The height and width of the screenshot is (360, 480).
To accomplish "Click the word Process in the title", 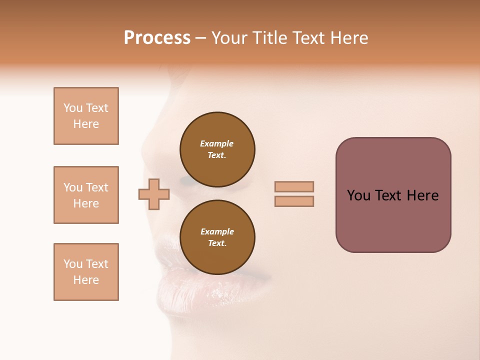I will tap(157, 38).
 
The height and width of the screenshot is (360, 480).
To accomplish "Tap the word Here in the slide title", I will tap(348, 38).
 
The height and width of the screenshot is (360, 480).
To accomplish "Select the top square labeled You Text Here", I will tap(86, 116).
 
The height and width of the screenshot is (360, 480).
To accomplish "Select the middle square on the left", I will tap(86, 195).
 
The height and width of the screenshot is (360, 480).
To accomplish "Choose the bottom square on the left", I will tap(86, 272).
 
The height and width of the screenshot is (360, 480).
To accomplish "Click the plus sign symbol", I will tap(154, 194).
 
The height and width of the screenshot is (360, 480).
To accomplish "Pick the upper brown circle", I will tap(217, 149).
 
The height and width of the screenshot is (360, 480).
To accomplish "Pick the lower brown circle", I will tap(217, 237).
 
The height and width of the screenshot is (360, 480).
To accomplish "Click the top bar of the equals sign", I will tap(294, 186).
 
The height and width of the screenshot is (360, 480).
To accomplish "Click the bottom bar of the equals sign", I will tap(294, 201).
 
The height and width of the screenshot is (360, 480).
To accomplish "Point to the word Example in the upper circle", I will tap(217, 143).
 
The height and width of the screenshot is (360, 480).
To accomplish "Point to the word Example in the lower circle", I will tap(217, 231).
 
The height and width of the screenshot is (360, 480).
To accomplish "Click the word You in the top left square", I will tap(72, 108).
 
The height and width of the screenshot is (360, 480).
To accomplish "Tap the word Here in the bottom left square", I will tap(86, 280).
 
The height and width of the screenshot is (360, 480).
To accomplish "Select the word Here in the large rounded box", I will tap(422, 195).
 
